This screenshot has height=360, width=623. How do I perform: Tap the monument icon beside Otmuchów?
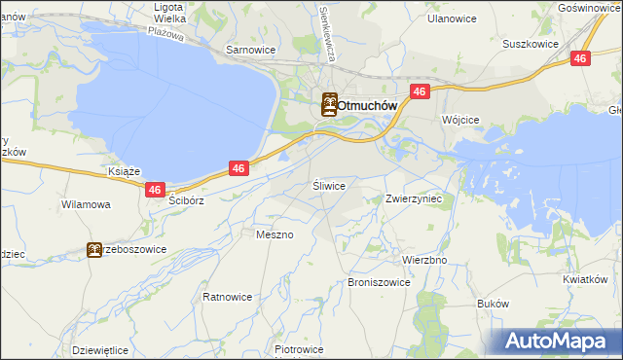pos(330,104)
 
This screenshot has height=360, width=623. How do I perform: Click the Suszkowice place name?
pos(529,44)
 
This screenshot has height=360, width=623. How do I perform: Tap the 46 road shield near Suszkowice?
pos(579,58)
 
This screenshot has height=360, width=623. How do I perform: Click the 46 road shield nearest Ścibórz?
pos(155,190)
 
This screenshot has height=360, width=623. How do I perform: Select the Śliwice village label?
pos(329,184)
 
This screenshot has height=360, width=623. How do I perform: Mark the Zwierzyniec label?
pos(415,198)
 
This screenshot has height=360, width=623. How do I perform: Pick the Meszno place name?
pos(274,234)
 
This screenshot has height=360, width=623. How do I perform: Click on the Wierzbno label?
pos(424,261)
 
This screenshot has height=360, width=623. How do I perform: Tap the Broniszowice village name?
pos(379,282)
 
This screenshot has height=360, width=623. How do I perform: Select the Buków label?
pos(494,304)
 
